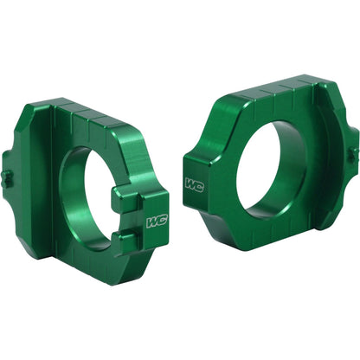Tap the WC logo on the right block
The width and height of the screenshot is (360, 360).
pos(195,184)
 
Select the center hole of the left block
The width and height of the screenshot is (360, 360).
pos(87,195)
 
